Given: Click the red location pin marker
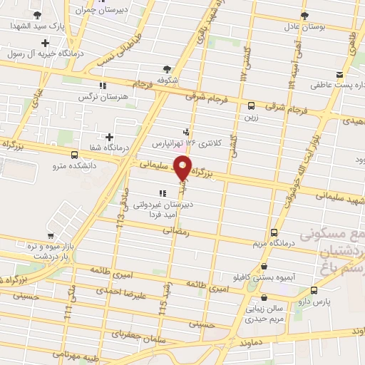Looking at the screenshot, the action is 183,168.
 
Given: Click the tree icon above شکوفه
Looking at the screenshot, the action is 166,69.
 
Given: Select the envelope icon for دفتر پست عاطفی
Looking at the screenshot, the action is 340,76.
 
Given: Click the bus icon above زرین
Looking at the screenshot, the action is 250,106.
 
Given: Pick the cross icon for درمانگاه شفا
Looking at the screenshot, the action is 108,137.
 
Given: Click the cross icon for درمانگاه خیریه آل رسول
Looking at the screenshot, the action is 46,43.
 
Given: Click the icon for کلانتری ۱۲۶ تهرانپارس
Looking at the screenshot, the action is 186,131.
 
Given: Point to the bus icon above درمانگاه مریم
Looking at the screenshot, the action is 275,232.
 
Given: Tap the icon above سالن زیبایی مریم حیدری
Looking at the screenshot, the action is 264,298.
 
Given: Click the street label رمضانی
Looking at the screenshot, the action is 173,231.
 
